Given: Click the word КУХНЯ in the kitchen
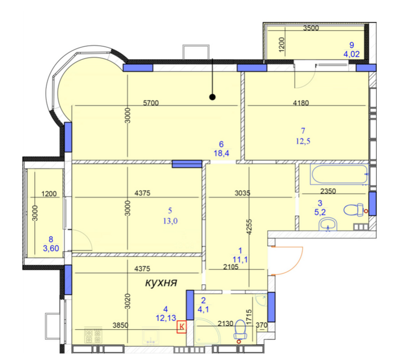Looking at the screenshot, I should pos(163,283).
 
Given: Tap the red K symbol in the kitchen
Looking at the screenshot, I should pos(182,326).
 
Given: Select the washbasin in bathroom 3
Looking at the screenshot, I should pos(328,224).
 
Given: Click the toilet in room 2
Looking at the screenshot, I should pos(239,329).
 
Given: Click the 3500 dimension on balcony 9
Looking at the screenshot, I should pos(311,28).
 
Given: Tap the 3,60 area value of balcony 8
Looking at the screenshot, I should pos(51,248).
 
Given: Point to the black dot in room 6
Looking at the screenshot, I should pos(213,97).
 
